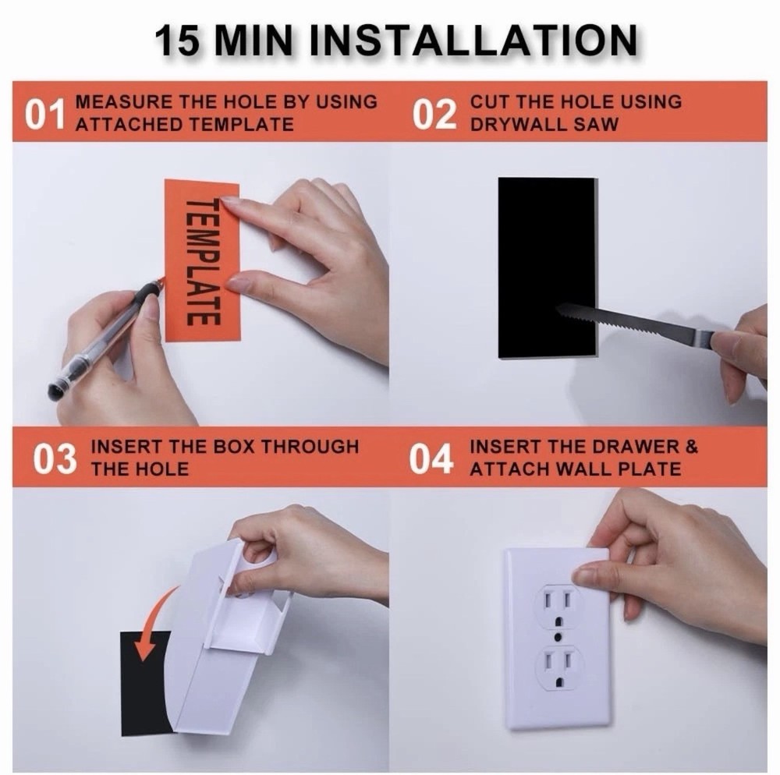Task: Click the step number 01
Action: point(43,114)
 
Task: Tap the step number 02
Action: point(434,114)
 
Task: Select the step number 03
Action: point(55,459)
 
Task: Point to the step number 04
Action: point(431,459)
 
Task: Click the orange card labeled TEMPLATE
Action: point(202,261)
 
